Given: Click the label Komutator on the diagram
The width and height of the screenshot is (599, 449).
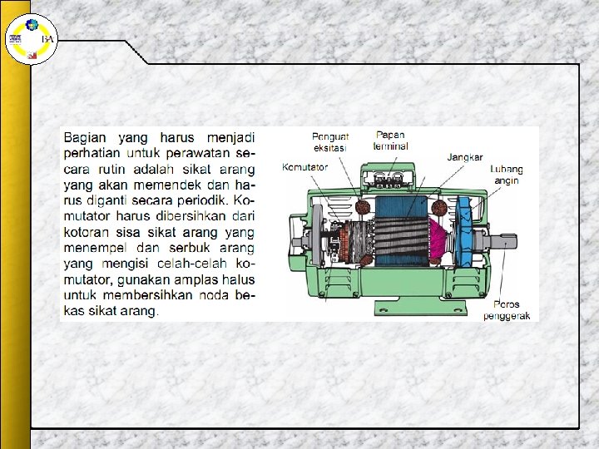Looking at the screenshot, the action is (x=304, y=167).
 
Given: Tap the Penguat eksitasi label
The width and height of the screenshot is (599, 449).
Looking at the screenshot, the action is (x=329, y=142).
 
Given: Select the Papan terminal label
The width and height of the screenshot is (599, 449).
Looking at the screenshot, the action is (x=391, y=140).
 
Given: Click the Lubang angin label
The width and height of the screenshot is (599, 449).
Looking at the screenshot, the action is (x=507, y=175).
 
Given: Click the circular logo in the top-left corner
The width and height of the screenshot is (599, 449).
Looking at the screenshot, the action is (x=29, y=38).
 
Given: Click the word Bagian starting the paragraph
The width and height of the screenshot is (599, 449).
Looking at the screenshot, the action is (x=87, y=137).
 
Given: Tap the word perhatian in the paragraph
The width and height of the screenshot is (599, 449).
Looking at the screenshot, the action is (x=92, y=153).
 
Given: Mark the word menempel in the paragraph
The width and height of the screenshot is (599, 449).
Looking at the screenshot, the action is (x=96, y=248).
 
